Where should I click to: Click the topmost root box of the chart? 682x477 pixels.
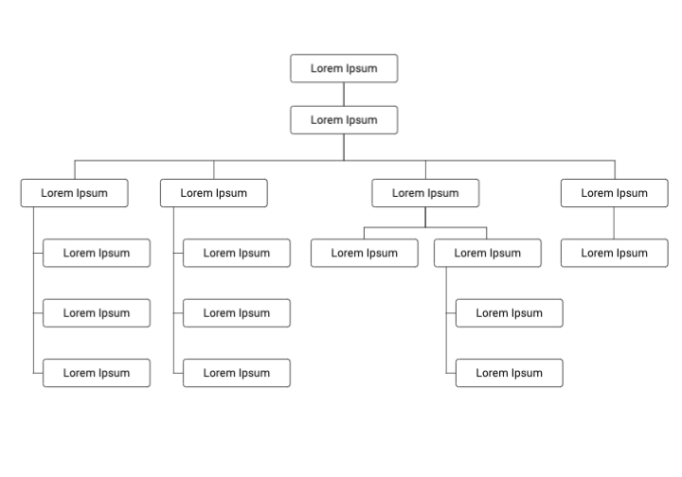[x=344, y=68]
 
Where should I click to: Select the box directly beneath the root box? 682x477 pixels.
[x=344, y=120]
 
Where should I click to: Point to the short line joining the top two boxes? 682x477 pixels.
[x=344, y=94]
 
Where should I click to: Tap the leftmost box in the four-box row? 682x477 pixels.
[x=74, y=193]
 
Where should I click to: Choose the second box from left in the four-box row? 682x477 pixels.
[x=213, y=193]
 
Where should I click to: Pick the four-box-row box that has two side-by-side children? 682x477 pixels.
[x=424, y=193]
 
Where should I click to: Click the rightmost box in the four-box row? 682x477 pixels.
[x=614, y=193]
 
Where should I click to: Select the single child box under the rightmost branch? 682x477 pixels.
[x=614, y=253]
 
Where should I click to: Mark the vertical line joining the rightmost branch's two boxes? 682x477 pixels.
[x=614, y=222]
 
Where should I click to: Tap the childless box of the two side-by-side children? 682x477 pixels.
[x=364, y=253]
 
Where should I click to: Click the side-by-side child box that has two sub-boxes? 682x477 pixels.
[x=487, y=253]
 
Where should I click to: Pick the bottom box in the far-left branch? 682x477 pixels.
[x=97, y=373]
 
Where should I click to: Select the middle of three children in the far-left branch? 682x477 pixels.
[x=97, y=313]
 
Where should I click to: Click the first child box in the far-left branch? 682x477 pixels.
[x=97, y=253]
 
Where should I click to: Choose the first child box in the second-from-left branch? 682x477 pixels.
[x=236, y=253]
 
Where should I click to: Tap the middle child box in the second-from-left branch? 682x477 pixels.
[x=236, y=313]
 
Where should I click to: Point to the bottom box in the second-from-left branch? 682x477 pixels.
[x=236, y=373]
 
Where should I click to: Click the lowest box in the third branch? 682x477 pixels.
[x=509, y=373]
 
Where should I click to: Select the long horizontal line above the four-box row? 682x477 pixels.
[x=284, y=161]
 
